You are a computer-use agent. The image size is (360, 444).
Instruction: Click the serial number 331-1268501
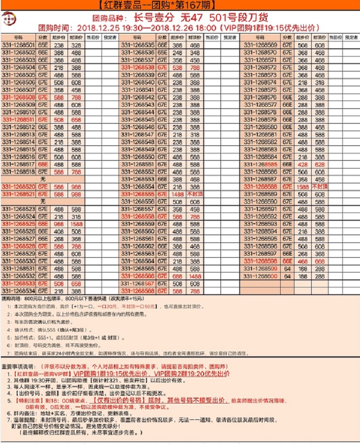(18, 44)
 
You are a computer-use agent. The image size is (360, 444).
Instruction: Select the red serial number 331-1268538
(138, 67)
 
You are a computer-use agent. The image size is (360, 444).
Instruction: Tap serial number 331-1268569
(260, 44)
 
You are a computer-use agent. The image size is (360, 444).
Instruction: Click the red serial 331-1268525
(18, 224)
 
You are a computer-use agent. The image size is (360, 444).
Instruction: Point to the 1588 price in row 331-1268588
(303, 187)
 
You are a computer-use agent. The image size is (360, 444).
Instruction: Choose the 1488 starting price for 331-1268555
(179, 194)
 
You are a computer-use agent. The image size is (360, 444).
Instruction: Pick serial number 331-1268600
(260, 276)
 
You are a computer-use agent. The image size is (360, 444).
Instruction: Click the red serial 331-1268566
(138, 276)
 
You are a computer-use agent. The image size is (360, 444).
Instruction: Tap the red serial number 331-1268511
(18, 119)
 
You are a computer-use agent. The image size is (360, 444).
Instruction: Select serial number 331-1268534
(18, 291)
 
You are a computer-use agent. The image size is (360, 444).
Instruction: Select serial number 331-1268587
(260, 179)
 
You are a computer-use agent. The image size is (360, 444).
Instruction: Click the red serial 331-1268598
(260, 261)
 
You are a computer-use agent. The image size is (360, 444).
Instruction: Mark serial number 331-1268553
(138, 179)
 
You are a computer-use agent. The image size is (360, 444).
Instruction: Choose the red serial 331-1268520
(18, 187)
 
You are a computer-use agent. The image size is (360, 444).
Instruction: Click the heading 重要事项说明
(17, 367)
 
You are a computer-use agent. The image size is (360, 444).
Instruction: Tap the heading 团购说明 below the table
(12, 299)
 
